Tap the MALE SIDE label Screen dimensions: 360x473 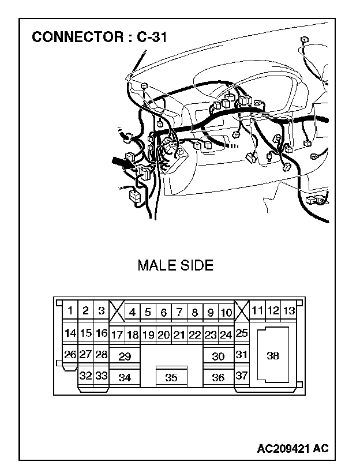pos(175,265)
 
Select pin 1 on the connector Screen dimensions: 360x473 pos(70,311)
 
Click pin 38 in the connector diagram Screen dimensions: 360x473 pos(272,355)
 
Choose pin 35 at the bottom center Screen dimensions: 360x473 pos(171,378)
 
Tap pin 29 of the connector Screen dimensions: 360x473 pos(125,356)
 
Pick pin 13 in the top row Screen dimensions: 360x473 pos(288,311)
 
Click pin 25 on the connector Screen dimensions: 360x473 pos(242,333)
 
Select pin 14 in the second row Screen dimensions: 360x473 pos(70,333)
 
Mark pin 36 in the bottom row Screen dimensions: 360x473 pos(218,378)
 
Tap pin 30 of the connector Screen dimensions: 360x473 pos(218,356)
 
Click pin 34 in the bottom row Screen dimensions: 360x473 pos(125,378)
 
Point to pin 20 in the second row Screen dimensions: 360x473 pos(163,335)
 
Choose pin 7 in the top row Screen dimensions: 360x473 pos(179,313)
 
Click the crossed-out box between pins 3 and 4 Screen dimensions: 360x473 pos(117,312)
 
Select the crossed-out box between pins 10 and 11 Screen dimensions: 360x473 pos(242,312)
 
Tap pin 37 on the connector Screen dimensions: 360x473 pos(242,376)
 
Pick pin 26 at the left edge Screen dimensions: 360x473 pos(70,354)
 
